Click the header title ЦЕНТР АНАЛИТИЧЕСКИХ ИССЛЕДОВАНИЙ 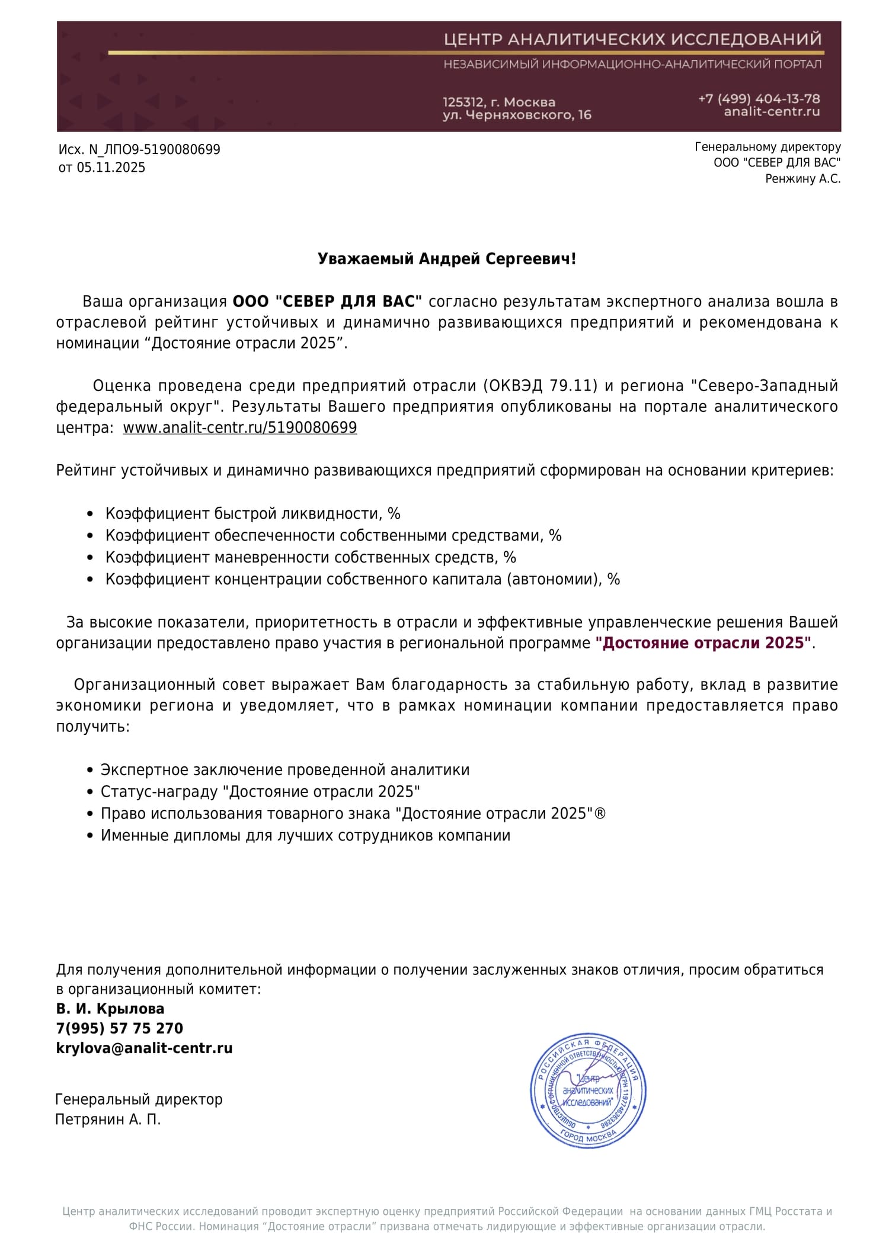pyautogui.click(x=632, y=40)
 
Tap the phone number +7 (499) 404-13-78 pyautogui.click(x=759, y=98)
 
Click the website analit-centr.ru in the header pyautogui.click(x=772, y=111)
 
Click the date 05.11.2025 pyautogui.click(x=111, y=168)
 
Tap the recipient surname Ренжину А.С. pyautogui.click(x=802, y=178)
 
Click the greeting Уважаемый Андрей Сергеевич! pyautogui.click(x=446, y=259)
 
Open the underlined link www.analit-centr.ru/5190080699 pyautogui.click(x=240, y=428)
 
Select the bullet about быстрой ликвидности pyautogui.click(x=253, y=513)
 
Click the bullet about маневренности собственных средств pyautogui.click(x=311, y=557)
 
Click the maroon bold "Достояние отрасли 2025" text pyautogui.click(x=703, y=643)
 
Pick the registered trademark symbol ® pyautogui.click(x=600, y=813)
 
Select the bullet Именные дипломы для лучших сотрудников pyautogui.click(x=305, y=835)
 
